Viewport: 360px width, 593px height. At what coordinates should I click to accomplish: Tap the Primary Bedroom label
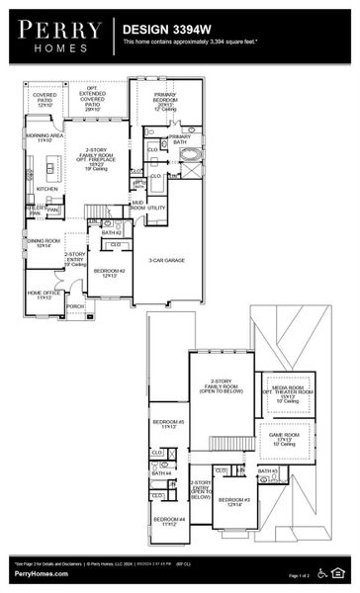click(x=165, y=100)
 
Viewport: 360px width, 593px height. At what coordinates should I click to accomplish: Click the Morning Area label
click(x=45, y=136)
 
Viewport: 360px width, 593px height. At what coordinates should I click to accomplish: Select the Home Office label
click(x=44, y=295)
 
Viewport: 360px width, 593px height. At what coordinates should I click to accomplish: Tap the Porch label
click(x=75, y=306)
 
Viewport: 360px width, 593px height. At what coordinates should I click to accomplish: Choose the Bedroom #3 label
click(x=234, y=501)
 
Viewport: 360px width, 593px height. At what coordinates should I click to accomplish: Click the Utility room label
click(x=156, y=208)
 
